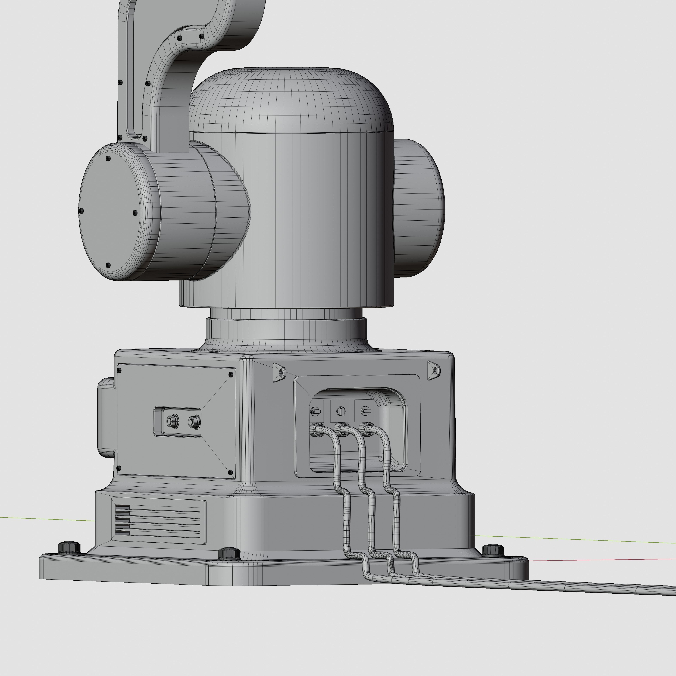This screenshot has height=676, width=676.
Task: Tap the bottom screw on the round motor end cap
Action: (108, 265)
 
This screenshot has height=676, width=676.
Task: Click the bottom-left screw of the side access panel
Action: (118, 468)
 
